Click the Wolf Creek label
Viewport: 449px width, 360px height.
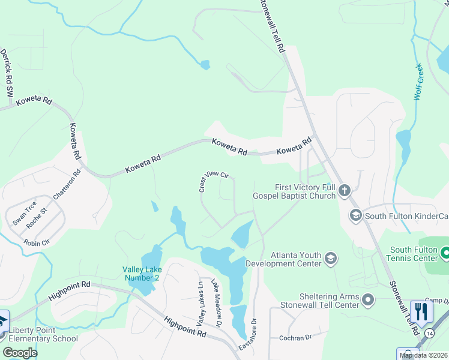point(420,82)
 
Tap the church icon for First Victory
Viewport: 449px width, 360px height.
point(344,191)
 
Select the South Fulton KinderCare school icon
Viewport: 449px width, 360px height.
point(355,215)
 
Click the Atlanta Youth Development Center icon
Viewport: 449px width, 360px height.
point(330,259)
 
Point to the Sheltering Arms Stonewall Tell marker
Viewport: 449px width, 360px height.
point(369,299)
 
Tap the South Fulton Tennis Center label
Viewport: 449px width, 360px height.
point(414,254)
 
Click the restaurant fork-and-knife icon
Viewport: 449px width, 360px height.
point(421,311)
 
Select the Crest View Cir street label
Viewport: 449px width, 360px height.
point(214,181)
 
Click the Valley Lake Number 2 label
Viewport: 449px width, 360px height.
point(141,274)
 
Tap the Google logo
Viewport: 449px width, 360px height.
point(20,352)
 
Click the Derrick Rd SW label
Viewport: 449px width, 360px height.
point(7,73)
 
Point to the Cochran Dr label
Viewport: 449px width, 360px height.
point(295,338)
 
